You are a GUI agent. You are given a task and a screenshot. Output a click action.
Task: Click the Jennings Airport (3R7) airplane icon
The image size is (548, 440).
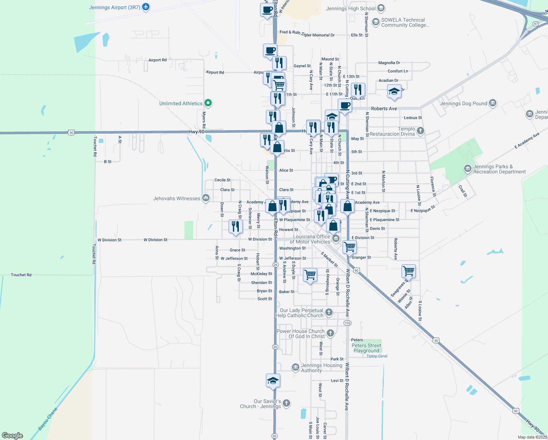(146, 7)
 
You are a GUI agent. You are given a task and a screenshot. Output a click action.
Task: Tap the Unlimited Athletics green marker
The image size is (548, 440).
(208, 103)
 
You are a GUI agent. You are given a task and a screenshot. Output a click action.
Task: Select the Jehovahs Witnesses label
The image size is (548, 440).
(177, 198)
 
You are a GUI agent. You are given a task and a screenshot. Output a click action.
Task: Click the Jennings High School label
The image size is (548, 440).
(351, 8)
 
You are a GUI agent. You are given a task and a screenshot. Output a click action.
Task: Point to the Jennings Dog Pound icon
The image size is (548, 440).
(493, 103)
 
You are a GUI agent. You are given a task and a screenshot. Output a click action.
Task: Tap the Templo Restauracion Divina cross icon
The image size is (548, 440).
(421, 130)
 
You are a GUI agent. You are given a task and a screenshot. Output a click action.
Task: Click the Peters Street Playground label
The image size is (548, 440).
(366, 348)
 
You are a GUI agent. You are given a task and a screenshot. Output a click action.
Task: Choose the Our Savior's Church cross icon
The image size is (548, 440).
(286, 403)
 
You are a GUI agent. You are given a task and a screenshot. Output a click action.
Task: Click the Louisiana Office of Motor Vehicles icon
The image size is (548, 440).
(336, 239)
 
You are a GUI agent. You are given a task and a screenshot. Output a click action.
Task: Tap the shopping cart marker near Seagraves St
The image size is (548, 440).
(408, 272)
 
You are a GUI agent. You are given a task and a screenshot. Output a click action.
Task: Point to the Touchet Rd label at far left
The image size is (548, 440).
(21, 275)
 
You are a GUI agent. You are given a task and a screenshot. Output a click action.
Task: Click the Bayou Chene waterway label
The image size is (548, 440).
(48, 419)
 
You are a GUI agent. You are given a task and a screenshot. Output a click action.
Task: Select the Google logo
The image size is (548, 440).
(12, 436)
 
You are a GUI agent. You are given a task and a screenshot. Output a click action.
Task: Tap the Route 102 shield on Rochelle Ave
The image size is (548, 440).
(347, 323)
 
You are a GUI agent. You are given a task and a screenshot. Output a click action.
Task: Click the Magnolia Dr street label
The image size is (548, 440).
(389, 63)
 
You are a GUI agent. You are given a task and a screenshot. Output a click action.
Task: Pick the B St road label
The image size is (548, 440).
(108, 162)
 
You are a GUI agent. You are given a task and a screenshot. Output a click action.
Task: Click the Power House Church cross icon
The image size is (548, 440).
(330, 333)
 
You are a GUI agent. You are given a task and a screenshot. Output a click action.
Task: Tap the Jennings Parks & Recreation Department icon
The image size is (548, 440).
(467, 169)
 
